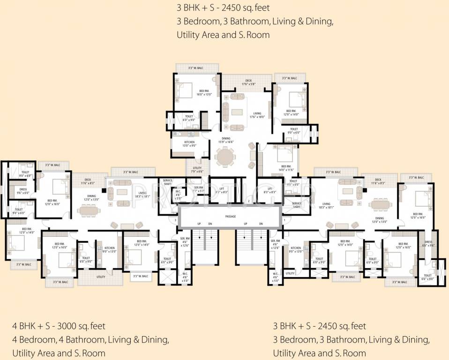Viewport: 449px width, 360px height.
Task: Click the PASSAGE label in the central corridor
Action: [230, 217]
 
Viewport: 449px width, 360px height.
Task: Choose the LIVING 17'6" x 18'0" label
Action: [257, 115]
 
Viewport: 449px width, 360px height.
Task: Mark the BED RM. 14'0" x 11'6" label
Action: [286, 167]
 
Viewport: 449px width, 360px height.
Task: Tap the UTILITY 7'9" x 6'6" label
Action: [197, 170]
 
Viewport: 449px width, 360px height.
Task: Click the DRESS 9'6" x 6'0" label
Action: [23, 191]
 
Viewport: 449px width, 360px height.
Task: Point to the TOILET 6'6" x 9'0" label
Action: [427, 277]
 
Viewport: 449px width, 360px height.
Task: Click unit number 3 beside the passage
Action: [176, 219]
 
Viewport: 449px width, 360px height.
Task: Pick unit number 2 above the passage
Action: [248, 201]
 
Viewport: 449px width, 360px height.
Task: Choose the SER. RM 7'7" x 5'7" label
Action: [198, 189]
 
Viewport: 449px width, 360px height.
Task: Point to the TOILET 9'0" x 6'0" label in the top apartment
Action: [293, 131]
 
